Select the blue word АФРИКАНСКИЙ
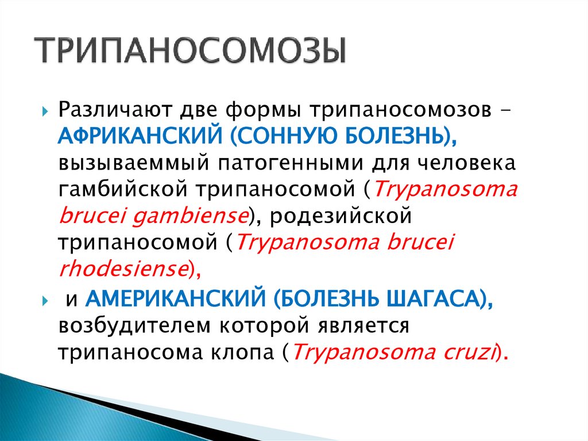[138, 136]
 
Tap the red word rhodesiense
[123, 269]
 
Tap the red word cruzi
[468, 352]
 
